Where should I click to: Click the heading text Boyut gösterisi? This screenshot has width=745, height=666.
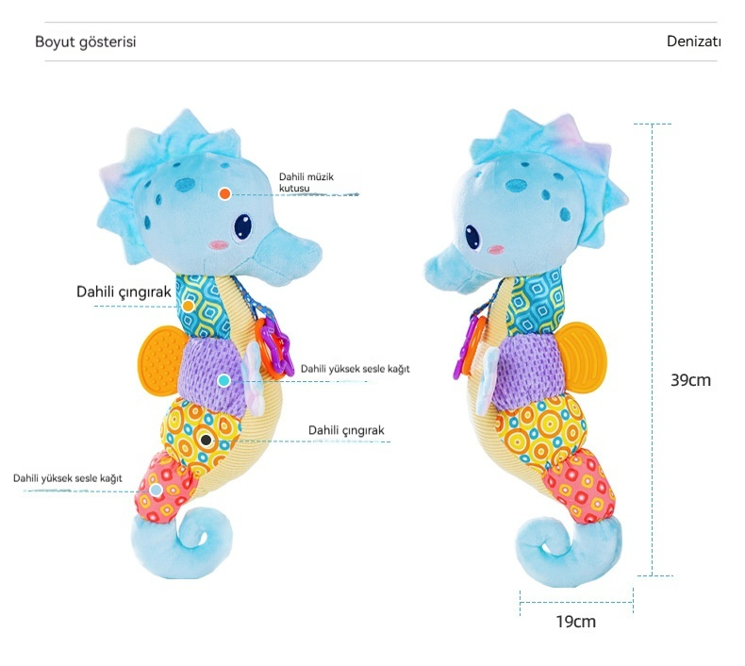86,42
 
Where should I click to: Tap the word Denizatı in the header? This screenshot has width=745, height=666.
694,42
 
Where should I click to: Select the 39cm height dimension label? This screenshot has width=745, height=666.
690,380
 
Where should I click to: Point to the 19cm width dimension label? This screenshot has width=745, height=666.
576,622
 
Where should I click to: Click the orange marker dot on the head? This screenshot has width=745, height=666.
224,193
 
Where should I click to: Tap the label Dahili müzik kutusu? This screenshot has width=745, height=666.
306,183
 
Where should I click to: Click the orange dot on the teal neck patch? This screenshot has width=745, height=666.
189,306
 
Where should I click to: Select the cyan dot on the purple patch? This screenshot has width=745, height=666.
223,380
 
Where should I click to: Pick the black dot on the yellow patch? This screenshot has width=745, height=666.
207,441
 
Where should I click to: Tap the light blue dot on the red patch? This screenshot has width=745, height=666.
156,490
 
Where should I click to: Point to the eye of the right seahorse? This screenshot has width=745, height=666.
472,236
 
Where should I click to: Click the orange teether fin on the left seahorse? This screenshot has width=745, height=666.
159,359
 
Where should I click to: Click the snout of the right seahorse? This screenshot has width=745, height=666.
444,269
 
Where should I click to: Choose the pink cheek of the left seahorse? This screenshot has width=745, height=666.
218,245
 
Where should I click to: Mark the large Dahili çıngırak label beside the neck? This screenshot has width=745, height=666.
124,291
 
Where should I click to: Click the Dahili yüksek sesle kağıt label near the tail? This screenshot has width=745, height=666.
68,478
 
